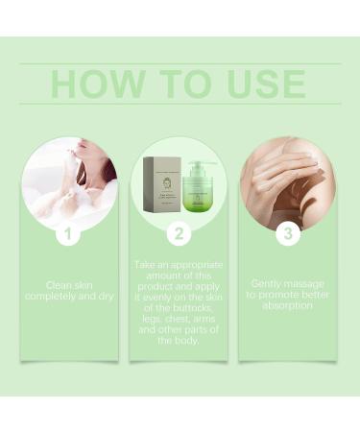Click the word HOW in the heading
point(92,84)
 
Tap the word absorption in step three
point(287,305)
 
